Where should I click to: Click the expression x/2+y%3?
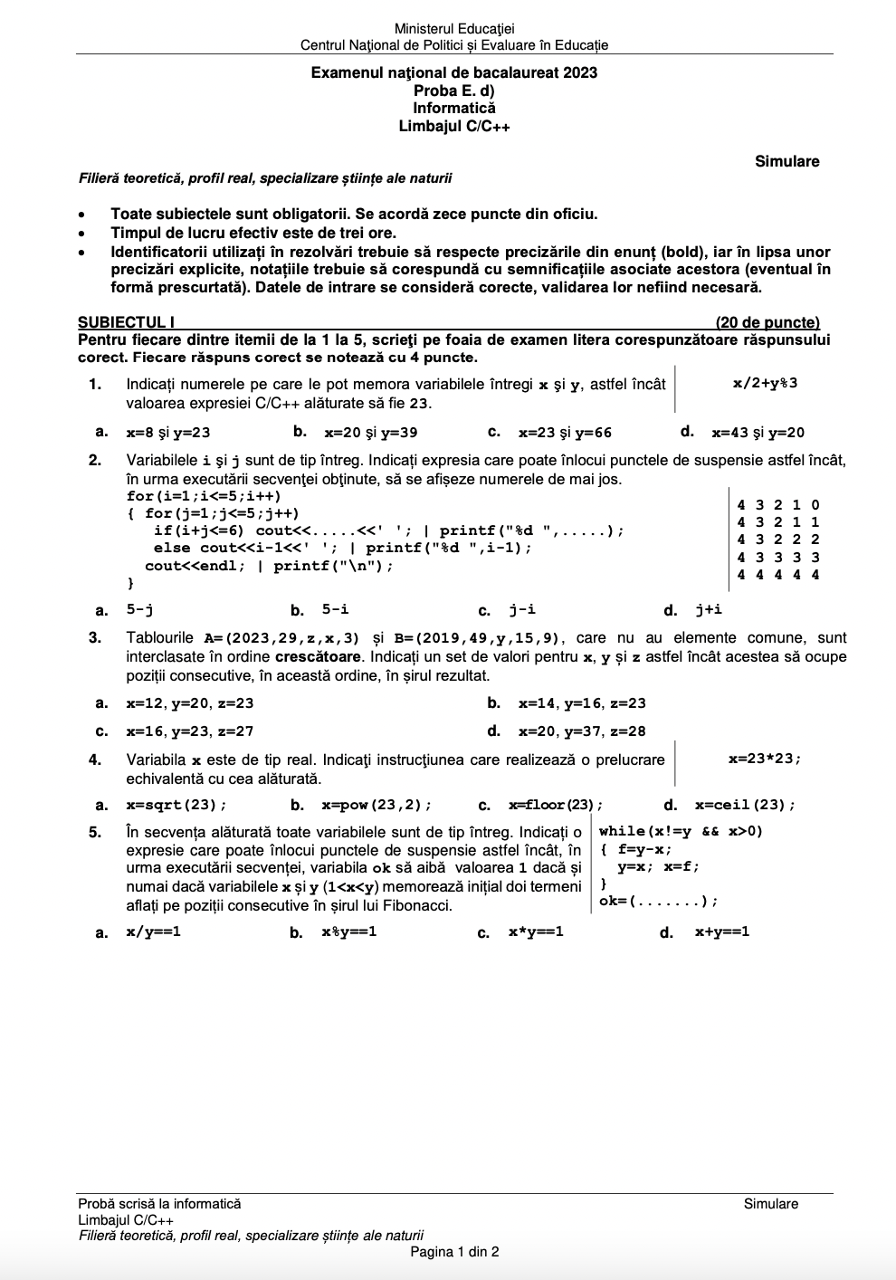click(x=765, y=383)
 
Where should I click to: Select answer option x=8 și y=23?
click(x=168, y=433)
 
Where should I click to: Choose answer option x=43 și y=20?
click(x=758, y=433)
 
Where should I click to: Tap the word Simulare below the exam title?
click(x=786, y=162)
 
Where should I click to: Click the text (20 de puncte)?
click(x=767, y=322)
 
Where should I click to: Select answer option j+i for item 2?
click(x=709, y=609)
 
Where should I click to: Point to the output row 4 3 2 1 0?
click(x=778, y=505)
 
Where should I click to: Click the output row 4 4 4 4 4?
click(x=778, y=575)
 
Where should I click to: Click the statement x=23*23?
click(x=765, y=759)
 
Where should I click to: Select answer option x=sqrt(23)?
click(x=176, y=805)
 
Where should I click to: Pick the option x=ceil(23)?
click(x=745, y=805)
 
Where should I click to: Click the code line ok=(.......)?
click(x=658, y=901)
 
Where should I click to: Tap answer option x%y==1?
click(x=349, y=931)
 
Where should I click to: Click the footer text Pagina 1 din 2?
click(x=454, y=1252)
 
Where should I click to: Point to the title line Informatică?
click(x=454, y=109)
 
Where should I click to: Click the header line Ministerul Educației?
click(x=454, y=29)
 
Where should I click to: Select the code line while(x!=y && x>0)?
click(x=681, y=831)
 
